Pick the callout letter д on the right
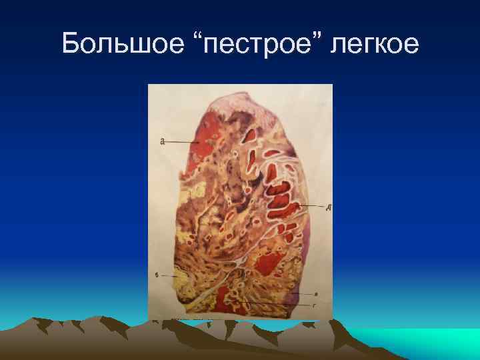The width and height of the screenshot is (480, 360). point(328,207)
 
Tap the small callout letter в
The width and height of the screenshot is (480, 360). point(315,293)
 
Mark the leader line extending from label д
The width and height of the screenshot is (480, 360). point(313,206)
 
